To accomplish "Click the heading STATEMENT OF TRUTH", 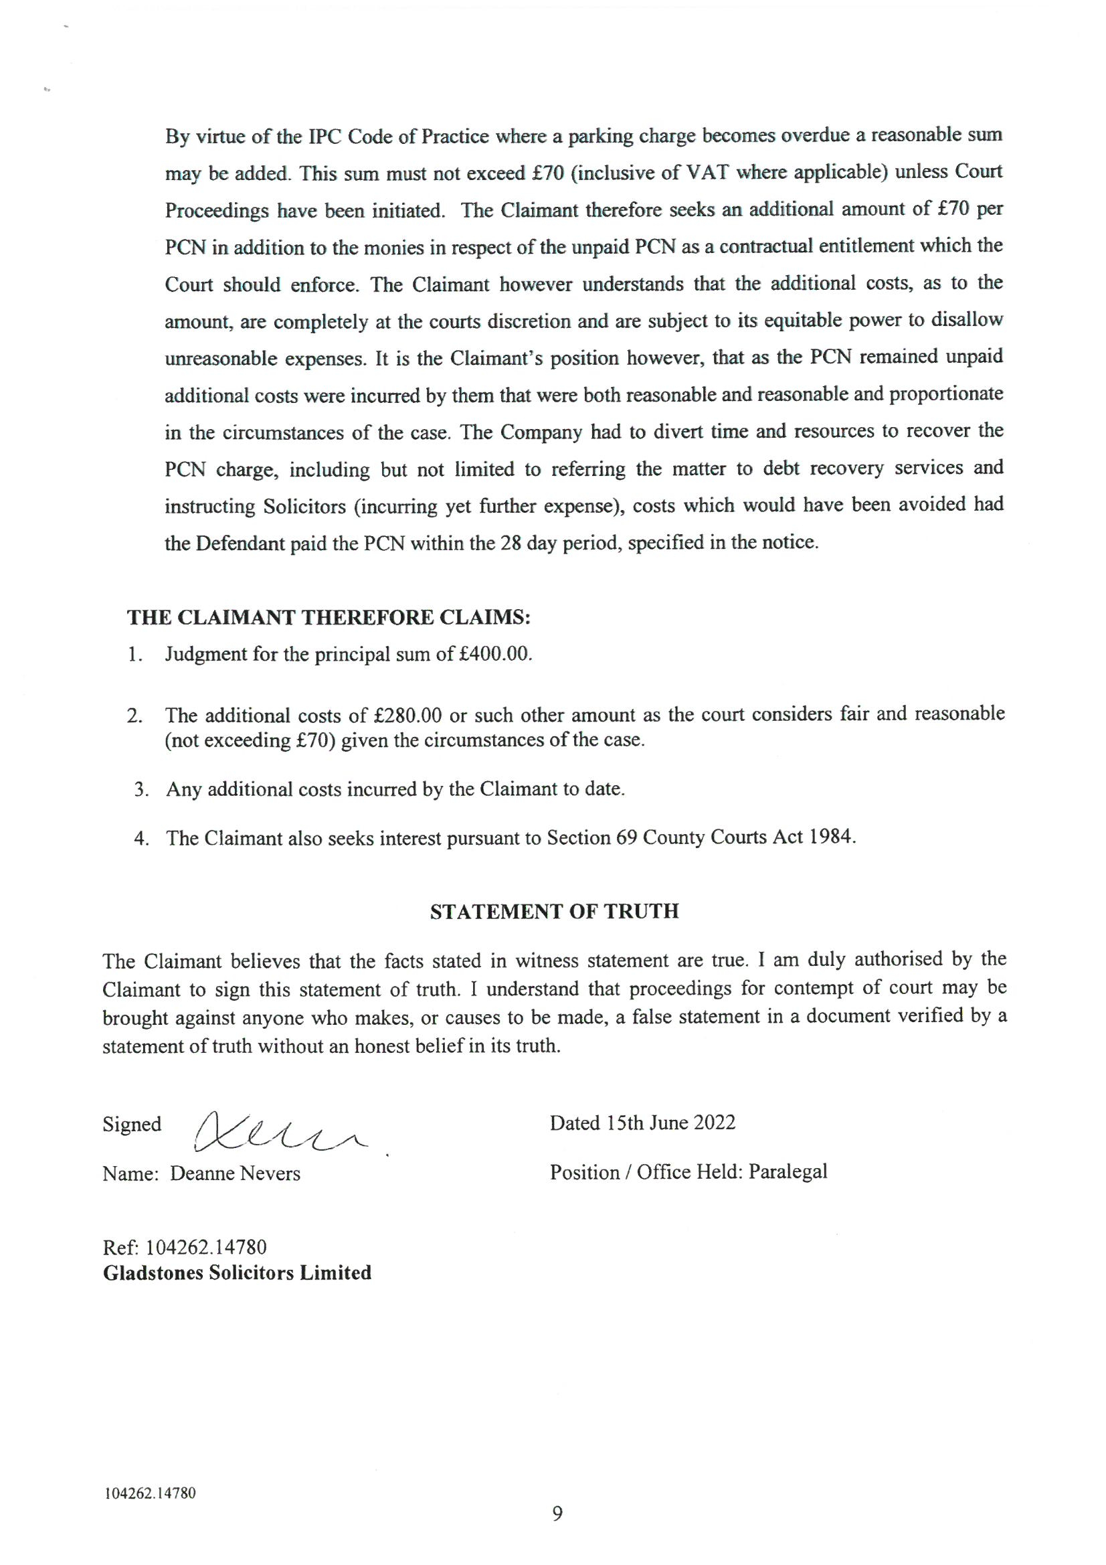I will click(554, 912).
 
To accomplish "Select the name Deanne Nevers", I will click(235, 1173).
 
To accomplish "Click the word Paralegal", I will click(788, 1171).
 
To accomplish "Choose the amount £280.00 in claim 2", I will click(409, 715).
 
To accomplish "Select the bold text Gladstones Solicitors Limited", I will click(237, 1272).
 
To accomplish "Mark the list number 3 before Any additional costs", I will click(141, 789).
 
